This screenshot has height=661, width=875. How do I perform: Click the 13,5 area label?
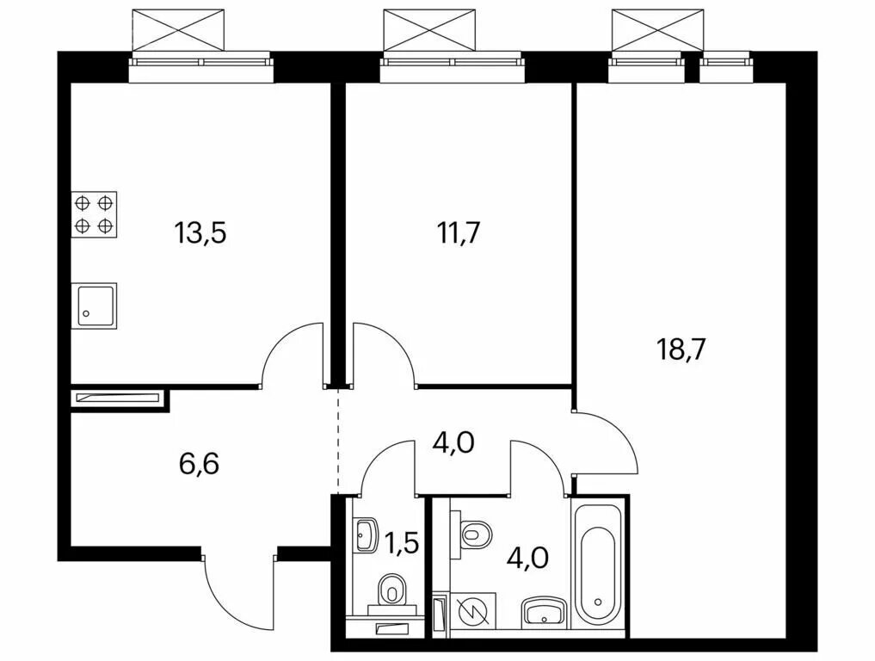[x=200, y=232]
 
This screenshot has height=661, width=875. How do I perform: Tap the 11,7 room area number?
[x=459, y=232]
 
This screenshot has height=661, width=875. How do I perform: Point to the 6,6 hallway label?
[x=200, y=463]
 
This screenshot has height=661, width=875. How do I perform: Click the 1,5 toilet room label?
[x=402, y=542]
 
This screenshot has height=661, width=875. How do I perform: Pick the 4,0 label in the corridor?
[x=454, y=442]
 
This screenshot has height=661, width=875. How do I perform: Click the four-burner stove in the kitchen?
[x=95, y=214]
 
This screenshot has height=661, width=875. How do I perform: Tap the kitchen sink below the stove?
[x=95, y=306]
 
